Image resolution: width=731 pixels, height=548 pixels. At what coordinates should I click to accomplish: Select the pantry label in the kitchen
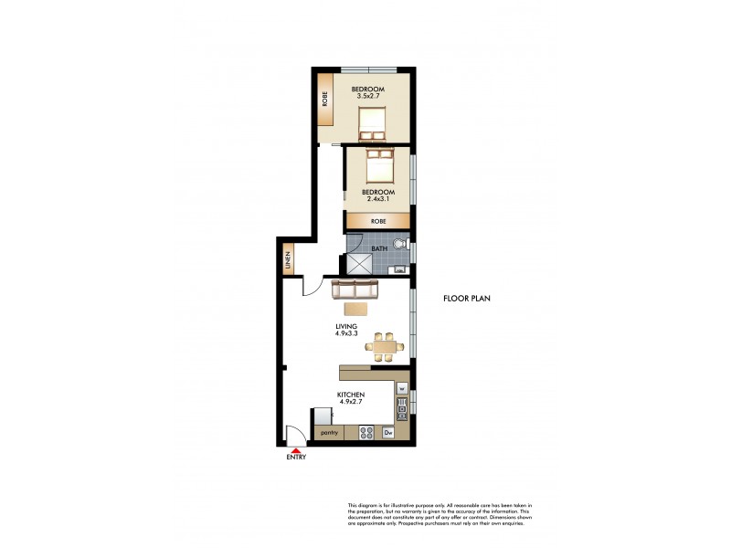[330, 431]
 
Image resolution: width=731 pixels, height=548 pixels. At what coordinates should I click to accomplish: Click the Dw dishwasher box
[387, 431]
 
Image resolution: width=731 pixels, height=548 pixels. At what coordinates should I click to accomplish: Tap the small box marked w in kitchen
[401, 386]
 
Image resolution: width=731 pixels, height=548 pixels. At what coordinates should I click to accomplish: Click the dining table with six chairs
[384, 344]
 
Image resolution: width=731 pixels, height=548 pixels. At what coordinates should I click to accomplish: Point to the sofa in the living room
[355, 290]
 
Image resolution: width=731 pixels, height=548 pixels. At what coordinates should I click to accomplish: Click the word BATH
[377, 248]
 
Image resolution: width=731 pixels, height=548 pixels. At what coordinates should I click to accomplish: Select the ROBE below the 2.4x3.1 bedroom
[376, 221]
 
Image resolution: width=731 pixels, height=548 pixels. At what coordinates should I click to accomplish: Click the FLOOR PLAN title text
[469, 299]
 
